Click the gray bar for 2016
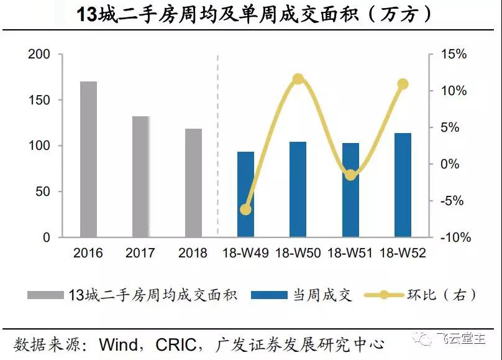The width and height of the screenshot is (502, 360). point(88,159)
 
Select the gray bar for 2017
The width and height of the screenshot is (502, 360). point(141,177)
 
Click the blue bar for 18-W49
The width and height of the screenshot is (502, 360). point(245,194)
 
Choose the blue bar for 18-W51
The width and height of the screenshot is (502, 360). point(350,190)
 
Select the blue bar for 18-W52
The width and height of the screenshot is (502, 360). point(403,185)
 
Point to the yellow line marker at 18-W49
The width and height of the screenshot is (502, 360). point(245,210)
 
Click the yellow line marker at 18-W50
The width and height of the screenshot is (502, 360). point(298,79)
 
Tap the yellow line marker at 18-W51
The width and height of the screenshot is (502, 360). point(350,175)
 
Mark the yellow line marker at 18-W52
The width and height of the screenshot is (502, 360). point(403,84)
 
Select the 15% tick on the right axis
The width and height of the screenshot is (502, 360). point(454,55)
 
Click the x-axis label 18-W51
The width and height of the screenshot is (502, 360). point(350,254)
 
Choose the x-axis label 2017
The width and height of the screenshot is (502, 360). point(140,254)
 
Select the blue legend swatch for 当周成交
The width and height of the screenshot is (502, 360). point(270,294)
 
